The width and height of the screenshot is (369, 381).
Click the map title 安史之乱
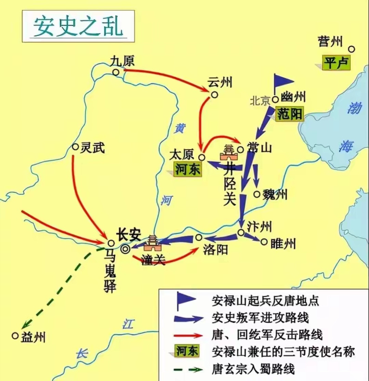click(78, 26)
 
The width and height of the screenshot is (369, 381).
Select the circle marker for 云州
click(214, 95)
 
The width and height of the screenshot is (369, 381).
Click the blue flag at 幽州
click(283, 82)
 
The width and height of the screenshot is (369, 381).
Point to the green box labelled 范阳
click(290, 114)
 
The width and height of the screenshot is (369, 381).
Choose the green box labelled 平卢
click(336, 63)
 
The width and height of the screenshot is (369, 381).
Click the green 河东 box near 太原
click(188, 169)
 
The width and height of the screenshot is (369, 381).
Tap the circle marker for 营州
click(351, 49)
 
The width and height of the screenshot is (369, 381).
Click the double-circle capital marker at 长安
click(125, 249)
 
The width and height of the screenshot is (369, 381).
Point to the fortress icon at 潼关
click(153, 242)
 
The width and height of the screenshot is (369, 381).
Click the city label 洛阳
click(215, 250)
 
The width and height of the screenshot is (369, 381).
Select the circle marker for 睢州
click(264, 242)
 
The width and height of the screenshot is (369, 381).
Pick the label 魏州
click(275, 194)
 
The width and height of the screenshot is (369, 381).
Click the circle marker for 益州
click(15, 336)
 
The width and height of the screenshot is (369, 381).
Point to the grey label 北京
click(260, 101)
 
